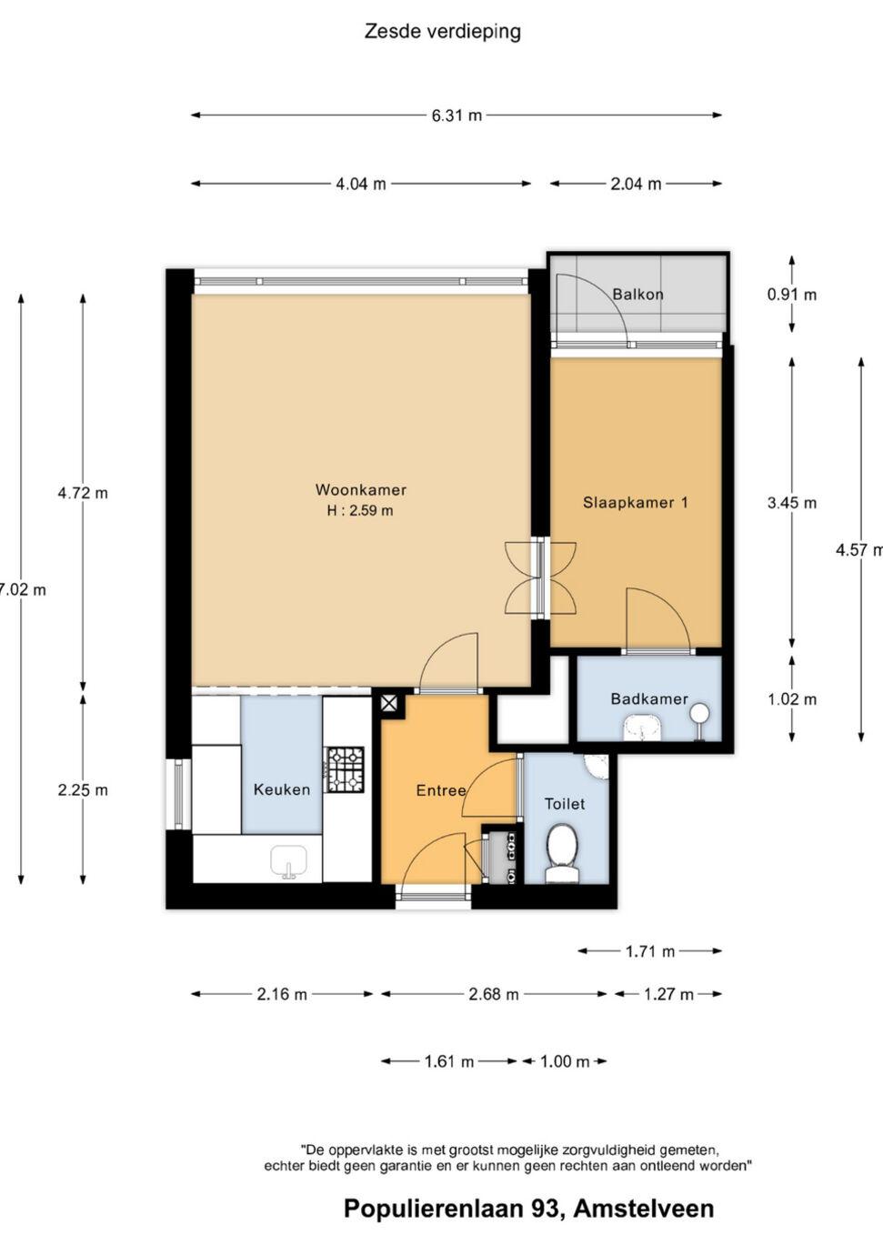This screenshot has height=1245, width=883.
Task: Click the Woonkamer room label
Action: click(361, 489)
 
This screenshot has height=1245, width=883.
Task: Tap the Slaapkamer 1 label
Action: click(635, 502)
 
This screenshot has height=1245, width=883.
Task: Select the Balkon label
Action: click(638, 294)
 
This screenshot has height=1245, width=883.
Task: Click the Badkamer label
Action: click(649, 698)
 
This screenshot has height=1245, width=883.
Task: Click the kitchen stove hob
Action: click(346, 769)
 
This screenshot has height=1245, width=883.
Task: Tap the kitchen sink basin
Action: click(288, 862)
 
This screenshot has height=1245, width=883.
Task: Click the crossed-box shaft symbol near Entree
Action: click(389, 704)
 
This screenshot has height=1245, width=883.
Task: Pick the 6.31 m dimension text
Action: click(457, 115)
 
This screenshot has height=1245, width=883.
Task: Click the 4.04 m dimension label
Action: click(361, 184)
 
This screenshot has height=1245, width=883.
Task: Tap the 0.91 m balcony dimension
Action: click(792, 294)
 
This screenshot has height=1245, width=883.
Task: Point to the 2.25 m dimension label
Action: click(83, 789)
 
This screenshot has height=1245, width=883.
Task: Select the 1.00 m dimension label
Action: click(565, 1061)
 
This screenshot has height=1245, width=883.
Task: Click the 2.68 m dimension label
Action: click(494, 994)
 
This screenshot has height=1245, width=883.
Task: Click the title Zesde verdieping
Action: click(442, 32)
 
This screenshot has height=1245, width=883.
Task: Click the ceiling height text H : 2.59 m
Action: click(360, 510)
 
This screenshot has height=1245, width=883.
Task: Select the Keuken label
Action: click(282, 789)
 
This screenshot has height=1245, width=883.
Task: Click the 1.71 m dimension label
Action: click(650, 951)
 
